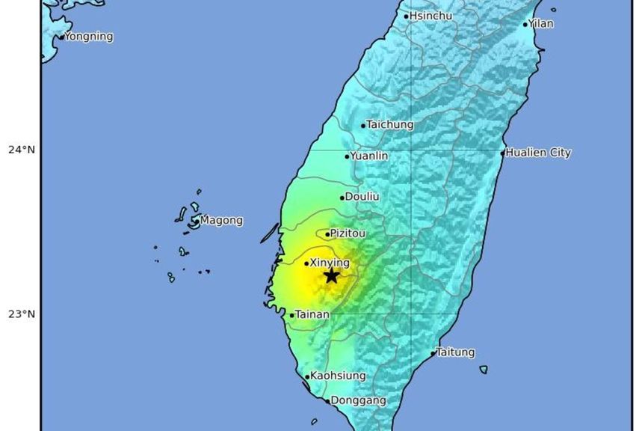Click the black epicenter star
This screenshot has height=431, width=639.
331,276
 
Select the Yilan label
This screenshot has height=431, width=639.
541,23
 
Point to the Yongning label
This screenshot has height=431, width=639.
88,36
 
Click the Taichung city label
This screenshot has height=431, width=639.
389,124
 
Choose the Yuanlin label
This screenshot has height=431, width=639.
369,156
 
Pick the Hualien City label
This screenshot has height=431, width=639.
538,153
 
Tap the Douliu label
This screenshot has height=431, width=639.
362,197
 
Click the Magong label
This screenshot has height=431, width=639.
221,221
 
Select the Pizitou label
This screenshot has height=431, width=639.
348,233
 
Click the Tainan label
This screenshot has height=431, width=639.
312,315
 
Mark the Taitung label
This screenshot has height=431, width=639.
455,352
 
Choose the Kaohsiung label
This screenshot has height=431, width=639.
338,376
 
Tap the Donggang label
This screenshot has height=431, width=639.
358,400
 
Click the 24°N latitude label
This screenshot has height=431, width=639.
22,150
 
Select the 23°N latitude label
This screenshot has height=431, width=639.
22,314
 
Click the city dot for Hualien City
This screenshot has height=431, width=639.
503,153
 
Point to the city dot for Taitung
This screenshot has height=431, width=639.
433,353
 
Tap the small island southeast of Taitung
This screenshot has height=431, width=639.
484,369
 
